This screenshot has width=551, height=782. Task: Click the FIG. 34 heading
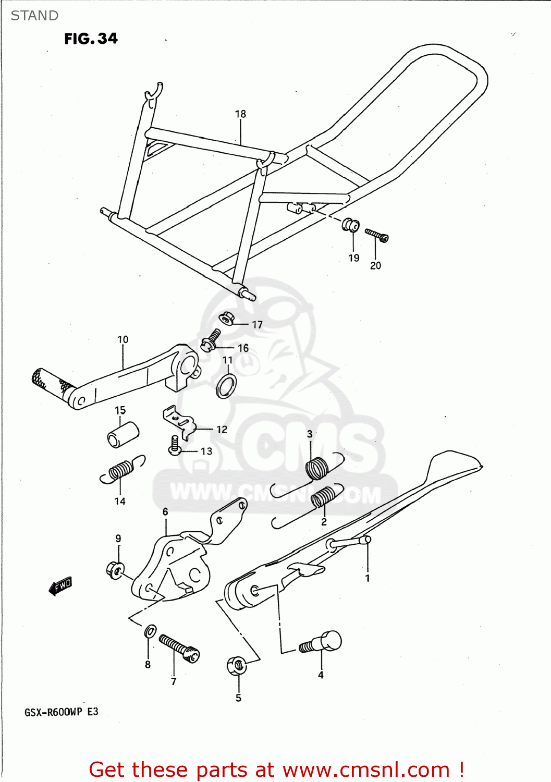(91, 39)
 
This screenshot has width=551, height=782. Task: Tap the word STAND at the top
(34, 16)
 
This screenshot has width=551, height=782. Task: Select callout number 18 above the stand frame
(240, 114)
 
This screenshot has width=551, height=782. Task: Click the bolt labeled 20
(376, 235)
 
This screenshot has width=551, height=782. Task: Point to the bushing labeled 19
(350, 225)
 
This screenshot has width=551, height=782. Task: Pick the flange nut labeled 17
(226, 318)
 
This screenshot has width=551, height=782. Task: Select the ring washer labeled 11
(226, 386)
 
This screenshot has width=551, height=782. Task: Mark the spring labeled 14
(121, 470)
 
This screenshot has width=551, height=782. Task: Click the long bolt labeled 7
(179, 647)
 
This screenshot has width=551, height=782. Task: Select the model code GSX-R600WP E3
(61, 712)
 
